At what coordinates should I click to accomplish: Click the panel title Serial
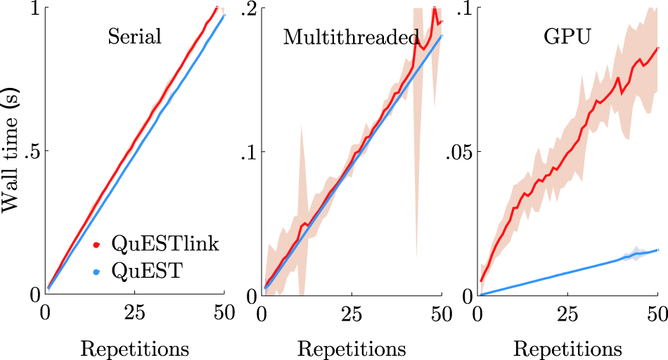pos(134,37)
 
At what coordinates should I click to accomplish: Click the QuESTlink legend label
pos(165,245)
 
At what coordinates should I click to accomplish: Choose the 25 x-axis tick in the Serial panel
pos(134,311)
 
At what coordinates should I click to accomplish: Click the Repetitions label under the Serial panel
pos(134,348)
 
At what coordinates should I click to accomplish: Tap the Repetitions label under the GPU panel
pos(567,348)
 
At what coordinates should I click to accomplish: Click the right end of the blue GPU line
pos(657,250)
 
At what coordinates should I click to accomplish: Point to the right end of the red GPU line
pos(657,48)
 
